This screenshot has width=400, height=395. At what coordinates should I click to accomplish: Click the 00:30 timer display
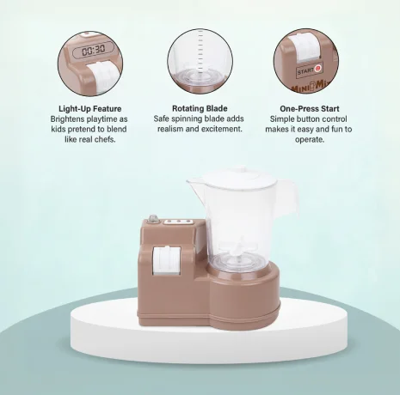93,51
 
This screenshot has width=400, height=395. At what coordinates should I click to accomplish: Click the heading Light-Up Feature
90,109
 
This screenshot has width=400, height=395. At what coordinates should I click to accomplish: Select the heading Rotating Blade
200,108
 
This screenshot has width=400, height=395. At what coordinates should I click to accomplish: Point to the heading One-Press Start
310,109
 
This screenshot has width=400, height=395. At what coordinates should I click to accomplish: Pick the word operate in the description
310,139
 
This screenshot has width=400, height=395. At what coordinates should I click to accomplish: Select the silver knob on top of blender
152,219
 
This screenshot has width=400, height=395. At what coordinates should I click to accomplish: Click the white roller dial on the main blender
166,260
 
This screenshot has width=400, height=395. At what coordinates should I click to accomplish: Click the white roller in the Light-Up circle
102,76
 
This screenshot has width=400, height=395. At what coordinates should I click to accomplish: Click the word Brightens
67,119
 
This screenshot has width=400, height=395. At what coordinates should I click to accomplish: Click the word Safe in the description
161,118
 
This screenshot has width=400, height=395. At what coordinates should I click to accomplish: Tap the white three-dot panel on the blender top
178,222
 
